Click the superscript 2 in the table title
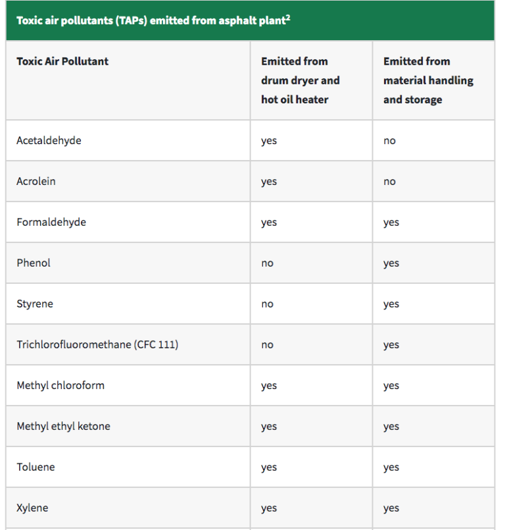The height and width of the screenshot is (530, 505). point(287,16)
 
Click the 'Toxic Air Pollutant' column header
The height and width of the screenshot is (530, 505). point(62,61)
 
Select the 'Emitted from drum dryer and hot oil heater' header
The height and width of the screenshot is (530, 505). point(301,80)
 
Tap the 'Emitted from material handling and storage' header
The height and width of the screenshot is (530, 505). point(428,80)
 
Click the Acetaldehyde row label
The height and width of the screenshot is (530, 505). point(49,140)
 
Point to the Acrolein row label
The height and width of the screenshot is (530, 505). point(36,181)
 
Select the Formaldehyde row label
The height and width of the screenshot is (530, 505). point(51,222)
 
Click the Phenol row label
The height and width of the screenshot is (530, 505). point(34,263)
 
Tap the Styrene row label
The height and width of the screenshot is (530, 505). point(35,304)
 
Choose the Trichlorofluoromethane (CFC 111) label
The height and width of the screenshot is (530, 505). point(97,344)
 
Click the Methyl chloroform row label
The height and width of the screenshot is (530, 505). point(60,385)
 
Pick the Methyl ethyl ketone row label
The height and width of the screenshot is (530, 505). point(63,426)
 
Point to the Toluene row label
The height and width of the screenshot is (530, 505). point(36,467)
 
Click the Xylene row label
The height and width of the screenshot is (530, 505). point(32,508)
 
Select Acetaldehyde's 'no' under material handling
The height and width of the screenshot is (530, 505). point(390,141)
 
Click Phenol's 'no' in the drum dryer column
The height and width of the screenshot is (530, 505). point(267,263)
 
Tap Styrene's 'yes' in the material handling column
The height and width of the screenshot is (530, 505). point(391,304)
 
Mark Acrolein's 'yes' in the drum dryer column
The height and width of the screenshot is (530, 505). point(269,182)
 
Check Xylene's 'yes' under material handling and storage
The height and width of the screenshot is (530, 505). point(391,508)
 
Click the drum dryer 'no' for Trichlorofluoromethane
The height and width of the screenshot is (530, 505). point(267,345)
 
